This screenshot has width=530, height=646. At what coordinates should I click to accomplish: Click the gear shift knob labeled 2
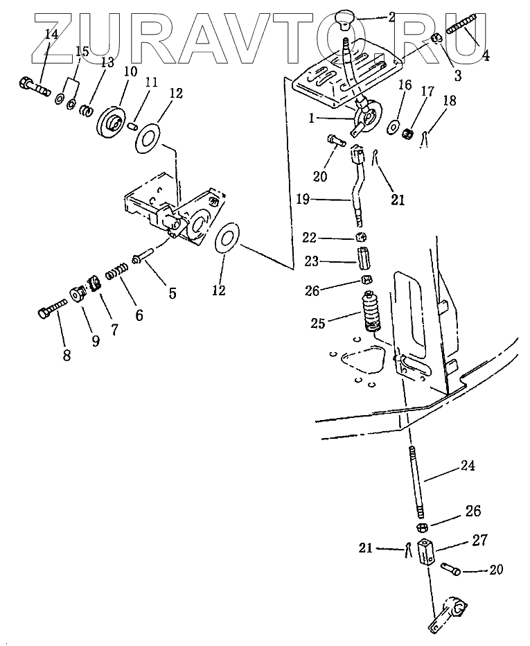click(x=345, y=19)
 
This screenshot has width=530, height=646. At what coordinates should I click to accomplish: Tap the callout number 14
click(x=51, y=34)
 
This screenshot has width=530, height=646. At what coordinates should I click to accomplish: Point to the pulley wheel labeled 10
click(x=110, y=119)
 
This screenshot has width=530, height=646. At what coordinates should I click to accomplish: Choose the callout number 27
click(x=480, y=540)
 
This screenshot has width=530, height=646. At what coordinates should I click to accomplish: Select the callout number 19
click(x=302, y=200)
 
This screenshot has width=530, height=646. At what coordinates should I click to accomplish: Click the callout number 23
click(x=312, y=261)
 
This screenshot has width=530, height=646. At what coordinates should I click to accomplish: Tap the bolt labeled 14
click(x=34, y=85)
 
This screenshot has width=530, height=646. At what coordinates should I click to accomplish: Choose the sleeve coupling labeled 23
click(x=362, y=257)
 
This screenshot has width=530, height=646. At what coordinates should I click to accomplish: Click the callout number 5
click(x=173, y=293)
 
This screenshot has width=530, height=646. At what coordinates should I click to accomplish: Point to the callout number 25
click(x=318, y=323)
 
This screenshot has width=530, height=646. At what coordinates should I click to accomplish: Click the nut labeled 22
click(x=361, y=237)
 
